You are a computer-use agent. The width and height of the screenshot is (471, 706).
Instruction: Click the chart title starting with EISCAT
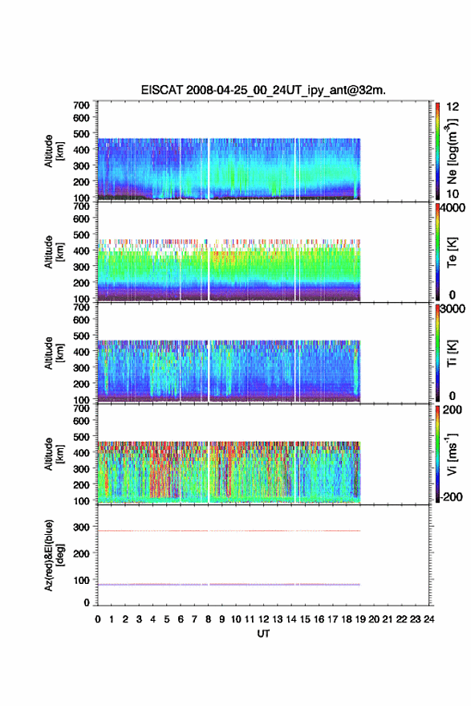pos(263,90)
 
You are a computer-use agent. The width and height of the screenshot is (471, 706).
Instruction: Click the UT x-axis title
pos(263,634)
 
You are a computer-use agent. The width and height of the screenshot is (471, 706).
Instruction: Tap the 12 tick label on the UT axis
pos(264,619)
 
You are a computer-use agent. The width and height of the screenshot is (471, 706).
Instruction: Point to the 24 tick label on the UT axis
pos(428,619)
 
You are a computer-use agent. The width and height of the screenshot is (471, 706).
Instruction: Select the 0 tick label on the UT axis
pos(98,619)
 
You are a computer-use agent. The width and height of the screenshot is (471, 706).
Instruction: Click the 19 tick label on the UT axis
pos(360,619)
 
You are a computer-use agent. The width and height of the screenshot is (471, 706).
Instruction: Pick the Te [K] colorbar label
pos(452,252)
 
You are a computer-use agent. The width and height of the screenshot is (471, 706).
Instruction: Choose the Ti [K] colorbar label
pos(452,353)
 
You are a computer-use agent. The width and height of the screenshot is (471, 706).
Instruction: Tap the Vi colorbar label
pos(452,454)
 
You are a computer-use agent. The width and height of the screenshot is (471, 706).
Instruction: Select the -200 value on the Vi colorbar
pos(451,496)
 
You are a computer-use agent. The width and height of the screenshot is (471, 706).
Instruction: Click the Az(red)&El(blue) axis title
pos(54,555)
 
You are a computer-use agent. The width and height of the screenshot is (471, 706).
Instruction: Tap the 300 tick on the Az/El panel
pos(81,527)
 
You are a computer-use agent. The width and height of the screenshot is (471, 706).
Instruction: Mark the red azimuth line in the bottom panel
pos(229,531)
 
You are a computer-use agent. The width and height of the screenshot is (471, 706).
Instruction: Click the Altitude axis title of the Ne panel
pos(54,151)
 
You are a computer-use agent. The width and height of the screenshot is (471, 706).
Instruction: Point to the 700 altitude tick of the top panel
pos(81,105)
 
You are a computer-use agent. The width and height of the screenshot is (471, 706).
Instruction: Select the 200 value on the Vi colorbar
pos(452,410)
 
